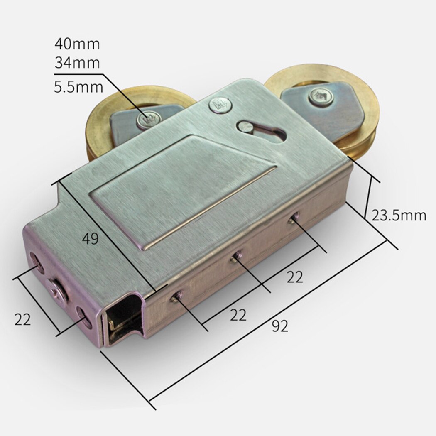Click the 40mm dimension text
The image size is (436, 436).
(77, 43)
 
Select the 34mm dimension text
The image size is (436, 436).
(77, 63)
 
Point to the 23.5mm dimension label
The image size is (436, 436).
(399, 216)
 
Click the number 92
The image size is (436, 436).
(280, 326)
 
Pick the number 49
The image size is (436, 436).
(90, 238)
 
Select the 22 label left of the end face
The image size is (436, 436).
(23, 320)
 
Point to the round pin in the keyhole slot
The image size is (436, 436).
(243, 127)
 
